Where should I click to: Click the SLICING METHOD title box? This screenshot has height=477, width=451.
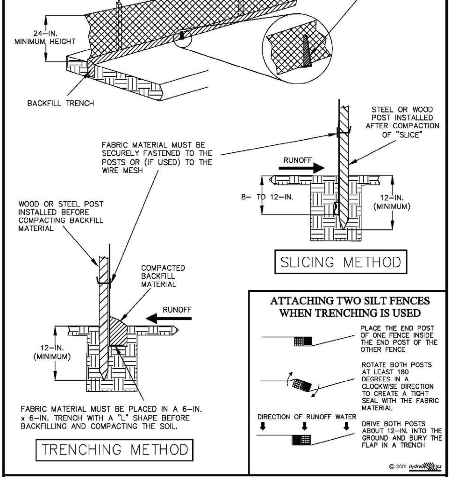(x=341, y=262)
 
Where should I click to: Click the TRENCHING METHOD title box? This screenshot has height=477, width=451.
(x=114, y=450)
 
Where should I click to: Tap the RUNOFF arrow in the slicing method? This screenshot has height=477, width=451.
(x=302, y=168)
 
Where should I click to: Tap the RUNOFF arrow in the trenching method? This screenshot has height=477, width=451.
(x=168, y=318)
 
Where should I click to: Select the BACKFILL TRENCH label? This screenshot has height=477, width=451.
(x=60, y=103)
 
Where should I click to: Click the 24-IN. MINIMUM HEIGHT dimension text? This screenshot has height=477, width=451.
(x=45, y=38)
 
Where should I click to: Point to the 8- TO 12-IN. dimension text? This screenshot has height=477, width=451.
(x=267, y=197)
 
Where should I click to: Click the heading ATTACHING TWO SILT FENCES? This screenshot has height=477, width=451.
(x=350, y=301)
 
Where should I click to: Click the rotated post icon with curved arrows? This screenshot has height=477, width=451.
(x=302, y=385)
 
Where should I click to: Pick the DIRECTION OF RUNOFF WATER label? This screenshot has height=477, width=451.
(x=307, y=417)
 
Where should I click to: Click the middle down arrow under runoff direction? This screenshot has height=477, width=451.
(x=304, y=426)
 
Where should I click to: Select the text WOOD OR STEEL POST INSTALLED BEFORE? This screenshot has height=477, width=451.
(x=61, y=208)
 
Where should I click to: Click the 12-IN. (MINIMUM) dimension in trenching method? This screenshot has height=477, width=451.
(x=52, y=352)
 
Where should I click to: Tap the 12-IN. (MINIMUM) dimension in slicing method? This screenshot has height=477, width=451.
(x=392, y=202)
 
